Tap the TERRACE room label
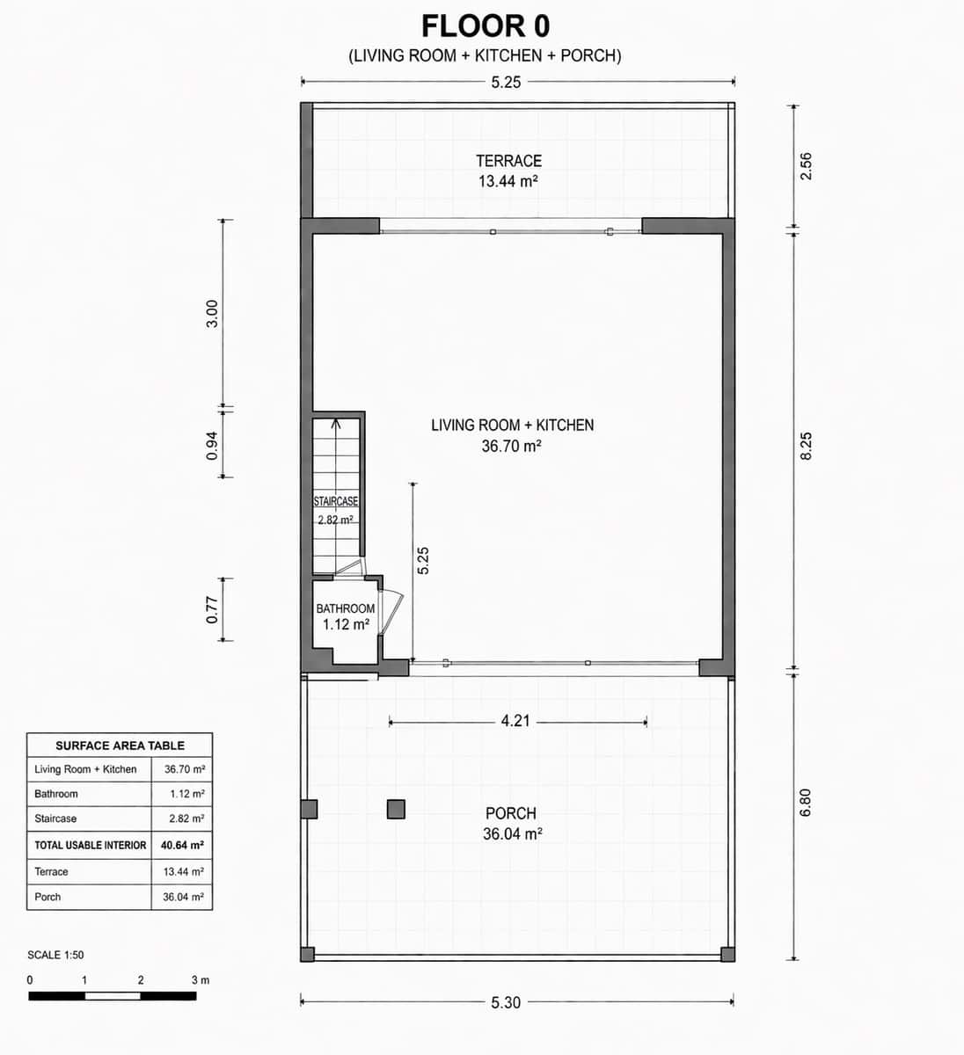pos(508,161)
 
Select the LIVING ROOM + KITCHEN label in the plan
pos(512,425)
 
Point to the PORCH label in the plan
pos(510,813)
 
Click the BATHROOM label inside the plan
pos(345,608)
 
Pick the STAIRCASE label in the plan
pos(336,501)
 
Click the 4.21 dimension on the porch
pos(515,721)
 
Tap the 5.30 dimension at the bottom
pos(506,1002)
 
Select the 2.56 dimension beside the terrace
pos(806,166)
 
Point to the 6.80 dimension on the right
pos(806,802)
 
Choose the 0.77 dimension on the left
pos(212,610)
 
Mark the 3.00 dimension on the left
pos(212,314)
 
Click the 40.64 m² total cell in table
pos(182,845)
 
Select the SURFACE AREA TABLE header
pos(120,746)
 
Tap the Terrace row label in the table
pos(51,871)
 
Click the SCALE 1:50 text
pos(55,955)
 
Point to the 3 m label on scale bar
pos(200,979)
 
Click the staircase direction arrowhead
pos(335,423)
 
